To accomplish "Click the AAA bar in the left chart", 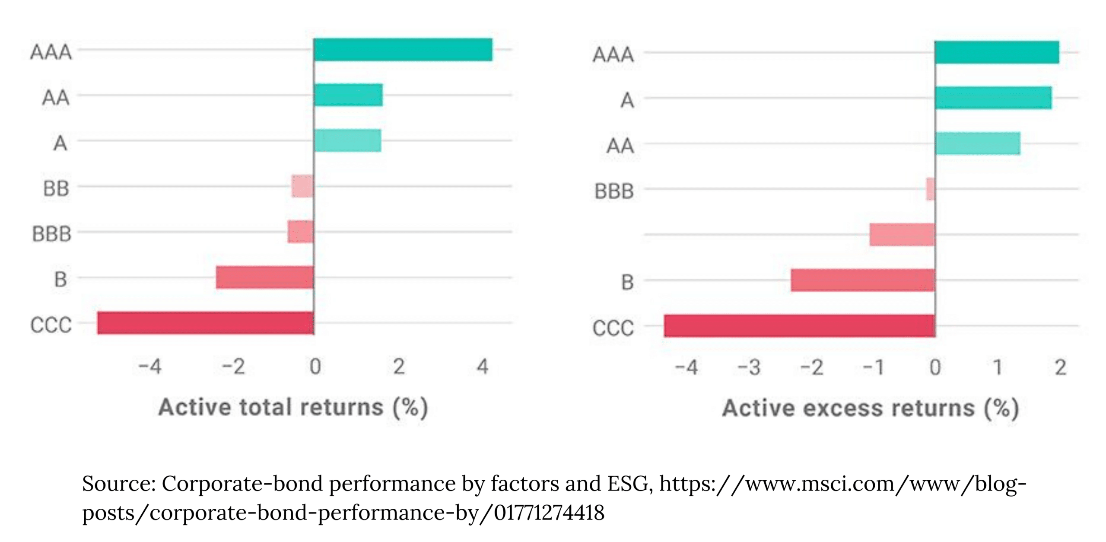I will pos(403,50).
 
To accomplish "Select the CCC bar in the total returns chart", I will pos(206,323).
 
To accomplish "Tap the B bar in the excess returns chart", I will pos(863,280).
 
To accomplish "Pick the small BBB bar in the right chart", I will pos(930,189).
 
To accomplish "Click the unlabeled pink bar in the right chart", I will pos(902,235).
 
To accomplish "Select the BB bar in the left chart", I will pos(302,186).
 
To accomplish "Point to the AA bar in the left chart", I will pos(348,95).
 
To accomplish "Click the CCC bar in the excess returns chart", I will pos(799,326).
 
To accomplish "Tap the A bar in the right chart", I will pos(993,98).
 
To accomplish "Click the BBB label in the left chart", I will pos(51,234).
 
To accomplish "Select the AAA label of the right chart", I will pos(613,55).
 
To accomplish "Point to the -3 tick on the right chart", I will pos(749,368).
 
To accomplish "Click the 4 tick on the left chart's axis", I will pos(482,367).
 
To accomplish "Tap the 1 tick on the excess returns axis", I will pos(997,368).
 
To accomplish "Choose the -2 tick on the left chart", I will pos(233,367).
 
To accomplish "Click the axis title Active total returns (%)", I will pos(293,408).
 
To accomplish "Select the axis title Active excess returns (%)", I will pos(870,408).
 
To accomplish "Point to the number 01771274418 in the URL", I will pos(549,513).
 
